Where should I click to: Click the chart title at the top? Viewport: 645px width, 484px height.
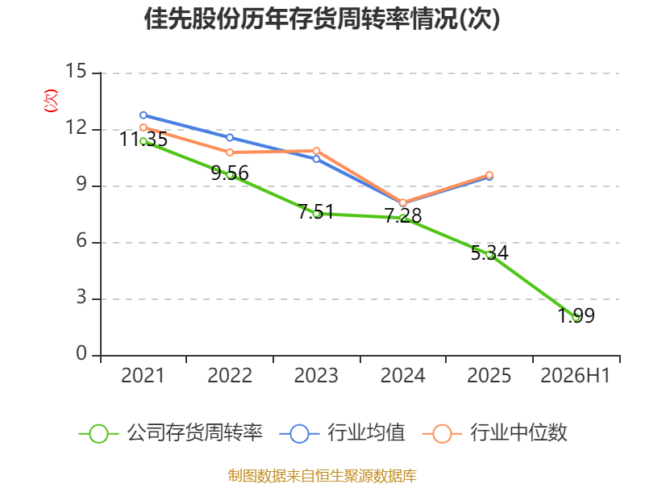(322, 19)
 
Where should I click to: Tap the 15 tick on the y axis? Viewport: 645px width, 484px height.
(76, 71)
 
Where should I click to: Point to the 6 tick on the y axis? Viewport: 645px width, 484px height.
(81, 240)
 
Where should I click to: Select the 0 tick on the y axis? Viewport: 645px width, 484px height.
(81, 353)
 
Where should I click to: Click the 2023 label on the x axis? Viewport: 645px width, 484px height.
(316, 375)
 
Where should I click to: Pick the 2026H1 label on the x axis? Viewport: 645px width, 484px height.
(575, 375)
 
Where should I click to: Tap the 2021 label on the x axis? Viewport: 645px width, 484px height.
(143, 375)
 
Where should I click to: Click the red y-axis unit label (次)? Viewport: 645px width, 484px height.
(51, 101)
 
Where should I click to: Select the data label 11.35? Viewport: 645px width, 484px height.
(144, 139)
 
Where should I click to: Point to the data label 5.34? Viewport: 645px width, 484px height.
(489, 252)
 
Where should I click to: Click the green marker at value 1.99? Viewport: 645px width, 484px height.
(576, 317)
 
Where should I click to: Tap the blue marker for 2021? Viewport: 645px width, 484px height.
(144, 115)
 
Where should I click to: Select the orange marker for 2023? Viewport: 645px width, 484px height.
(316, 151)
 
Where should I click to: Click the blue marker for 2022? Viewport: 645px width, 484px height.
(230, 137)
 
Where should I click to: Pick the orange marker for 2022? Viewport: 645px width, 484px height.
(230, 152)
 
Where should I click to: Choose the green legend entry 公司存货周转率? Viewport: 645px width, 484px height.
(170, 433)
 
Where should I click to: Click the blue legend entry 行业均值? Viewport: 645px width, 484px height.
(342, 433)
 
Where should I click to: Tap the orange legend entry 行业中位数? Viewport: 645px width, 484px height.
(495, 433)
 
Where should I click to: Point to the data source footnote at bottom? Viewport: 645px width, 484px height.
(322, 476)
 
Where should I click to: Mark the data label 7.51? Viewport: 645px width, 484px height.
(316, 212)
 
